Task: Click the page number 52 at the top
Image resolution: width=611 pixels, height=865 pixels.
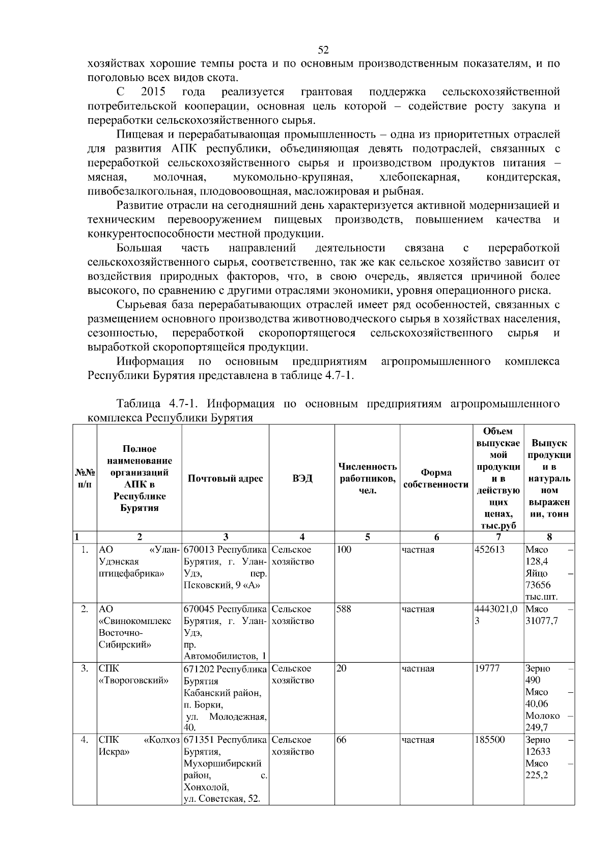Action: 323,49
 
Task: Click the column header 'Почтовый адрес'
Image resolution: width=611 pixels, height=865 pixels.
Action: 225,478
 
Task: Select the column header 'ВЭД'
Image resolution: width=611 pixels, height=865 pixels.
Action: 301,478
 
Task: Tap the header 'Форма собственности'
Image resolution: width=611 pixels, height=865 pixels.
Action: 436,478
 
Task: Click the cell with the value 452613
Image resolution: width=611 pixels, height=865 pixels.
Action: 489,550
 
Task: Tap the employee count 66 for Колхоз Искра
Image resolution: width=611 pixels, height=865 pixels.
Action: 341,740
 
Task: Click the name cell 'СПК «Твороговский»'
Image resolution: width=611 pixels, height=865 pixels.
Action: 133,674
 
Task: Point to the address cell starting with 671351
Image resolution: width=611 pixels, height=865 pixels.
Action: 225,769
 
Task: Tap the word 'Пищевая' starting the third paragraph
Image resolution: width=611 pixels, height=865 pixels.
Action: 137,134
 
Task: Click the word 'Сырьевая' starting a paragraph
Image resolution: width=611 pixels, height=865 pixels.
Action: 140,305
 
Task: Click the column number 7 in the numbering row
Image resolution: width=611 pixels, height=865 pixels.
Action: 498,536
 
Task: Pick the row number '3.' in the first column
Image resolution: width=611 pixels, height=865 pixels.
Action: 85,668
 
